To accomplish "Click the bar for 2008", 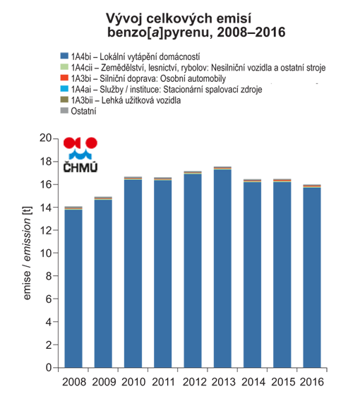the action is click(x=73, y=287).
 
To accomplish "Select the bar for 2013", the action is click(x=222, y=267).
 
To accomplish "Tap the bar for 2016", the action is click(x=312, y=276).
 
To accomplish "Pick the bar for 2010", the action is click(x=133, y=272).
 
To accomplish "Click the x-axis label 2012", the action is click(x=194, y=382).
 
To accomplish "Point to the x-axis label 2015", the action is click(x=283, y=382).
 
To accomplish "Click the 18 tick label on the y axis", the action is click(x=46, y=161).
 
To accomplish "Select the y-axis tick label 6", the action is click(x=49, y=299).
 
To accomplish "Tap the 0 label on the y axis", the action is click(x=49, y=368).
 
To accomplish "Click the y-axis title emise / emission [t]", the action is click(x=27, y=253).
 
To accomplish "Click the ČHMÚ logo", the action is click(x=80, y=155).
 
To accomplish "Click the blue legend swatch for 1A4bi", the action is click(x=64, y=56).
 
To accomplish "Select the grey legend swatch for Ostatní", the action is click(x=64, y=110).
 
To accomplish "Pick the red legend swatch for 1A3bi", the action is click(x=64, y=78).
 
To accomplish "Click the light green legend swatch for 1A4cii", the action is click(x=64, y=66).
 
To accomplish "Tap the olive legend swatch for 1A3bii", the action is click(x=64, y=100).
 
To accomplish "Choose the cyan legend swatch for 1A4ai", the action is click(x=64, y=88).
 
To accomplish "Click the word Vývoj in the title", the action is click(x=124, y=19).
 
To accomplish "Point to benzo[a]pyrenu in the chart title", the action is click(x=160, y=32).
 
